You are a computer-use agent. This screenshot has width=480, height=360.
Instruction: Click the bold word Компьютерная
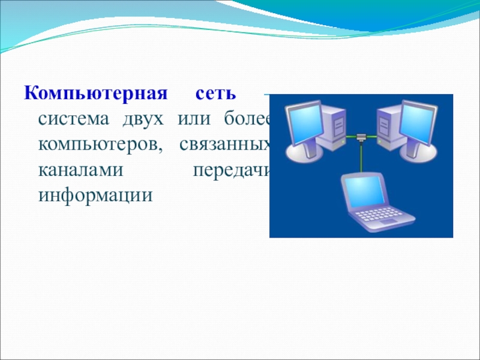point(96,94)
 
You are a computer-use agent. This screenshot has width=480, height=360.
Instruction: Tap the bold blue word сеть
point(216,94)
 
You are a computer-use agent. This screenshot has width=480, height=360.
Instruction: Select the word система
point(73,119)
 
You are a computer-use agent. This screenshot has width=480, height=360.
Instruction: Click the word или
point(194,119)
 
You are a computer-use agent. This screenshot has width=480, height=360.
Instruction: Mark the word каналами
point(81,170)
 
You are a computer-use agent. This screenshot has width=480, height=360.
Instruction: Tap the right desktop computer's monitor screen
point(417,123)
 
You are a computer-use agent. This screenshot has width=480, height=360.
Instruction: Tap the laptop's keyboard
point(380,215)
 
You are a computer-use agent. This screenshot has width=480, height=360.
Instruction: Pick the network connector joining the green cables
point(361,137)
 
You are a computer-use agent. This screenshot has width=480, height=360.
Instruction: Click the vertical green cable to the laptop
point(361,157)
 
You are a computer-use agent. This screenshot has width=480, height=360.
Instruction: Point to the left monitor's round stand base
point(303,152)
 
